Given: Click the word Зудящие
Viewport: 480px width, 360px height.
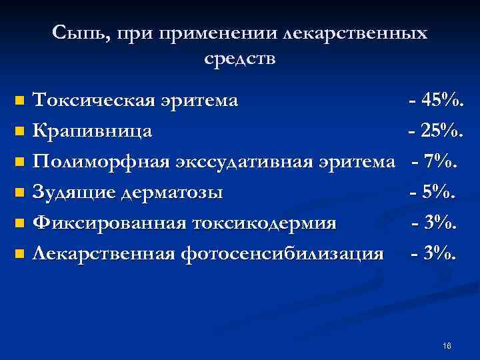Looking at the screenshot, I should [73, 193].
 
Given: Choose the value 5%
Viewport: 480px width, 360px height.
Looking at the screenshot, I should [439, 193].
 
